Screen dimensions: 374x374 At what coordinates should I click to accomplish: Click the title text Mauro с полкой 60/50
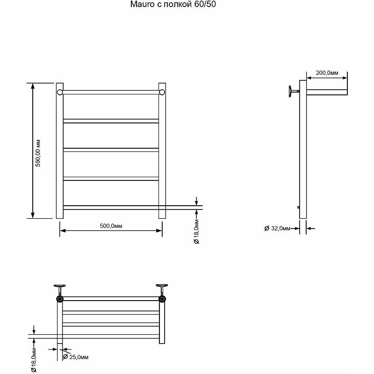coord(173,4)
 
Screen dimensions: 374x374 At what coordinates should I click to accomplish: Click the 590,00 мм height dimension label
coord(38,153)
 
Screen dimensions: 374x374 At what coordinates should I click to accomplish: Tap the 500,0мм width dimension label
coord(111,226)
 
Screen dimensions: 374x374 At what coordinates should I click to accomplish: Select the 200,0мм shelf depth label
coord(327,73)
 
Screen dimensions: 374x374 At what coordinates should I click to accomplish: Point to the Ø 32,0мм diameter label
coord(277,228)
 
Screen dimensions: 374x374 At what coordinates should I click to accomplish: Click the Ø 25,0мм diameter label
coord(75,357)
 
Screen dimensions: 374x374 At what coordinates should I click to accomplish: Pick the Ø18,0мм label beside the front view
coord(196,231)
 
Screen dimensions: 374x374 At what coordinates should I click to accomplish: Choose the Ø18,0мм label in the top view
coord(34,360)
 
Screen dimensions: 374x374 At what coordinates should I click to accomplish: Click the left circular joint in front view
coord(60,92)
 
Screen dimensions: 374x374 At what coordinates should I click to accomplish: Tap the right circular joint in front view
coord(162,92)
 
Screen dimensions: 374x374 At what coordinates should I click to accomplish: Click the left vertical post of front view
coord(60,151)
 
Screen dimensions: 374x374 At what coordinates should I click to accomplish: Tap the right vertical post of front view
coord(162,151)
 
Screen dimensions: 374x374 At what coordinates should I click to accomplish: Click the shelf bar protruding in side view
coord(327,92)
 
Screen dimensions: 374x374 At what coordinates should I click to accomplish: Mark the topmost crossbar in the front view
coord(111,92)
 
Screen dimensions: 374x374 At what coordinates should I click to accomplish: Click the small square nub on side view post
coord(299,207)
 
